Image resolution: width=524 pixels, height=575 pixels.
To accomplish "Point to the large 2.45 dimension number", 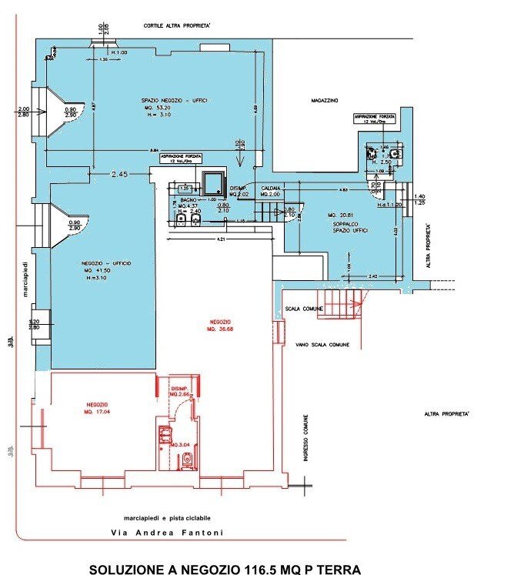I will click(x=118, y=176).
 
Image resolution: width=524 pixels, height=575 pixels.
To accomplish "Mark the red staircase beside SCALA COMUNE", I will click(x=339, y=303).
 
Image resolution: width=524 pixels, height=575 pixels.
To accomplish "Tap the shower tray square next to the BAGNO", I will click(x=211, y=183).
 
